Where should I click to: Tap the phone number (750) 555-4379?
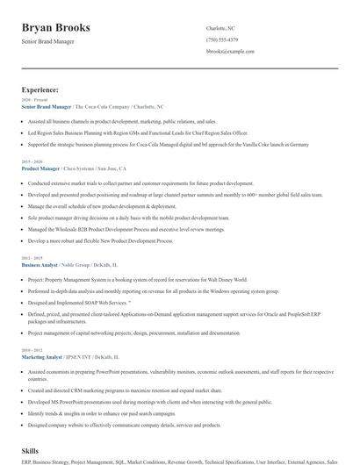click(222, 40)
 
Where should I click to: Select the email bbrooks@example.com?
click(230, 52)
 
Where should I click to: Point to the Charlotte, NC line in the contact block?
click(220, 29)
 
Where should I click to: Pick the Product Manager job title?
click(40, 168)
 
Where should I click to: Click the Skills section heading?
click(30, 449)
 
